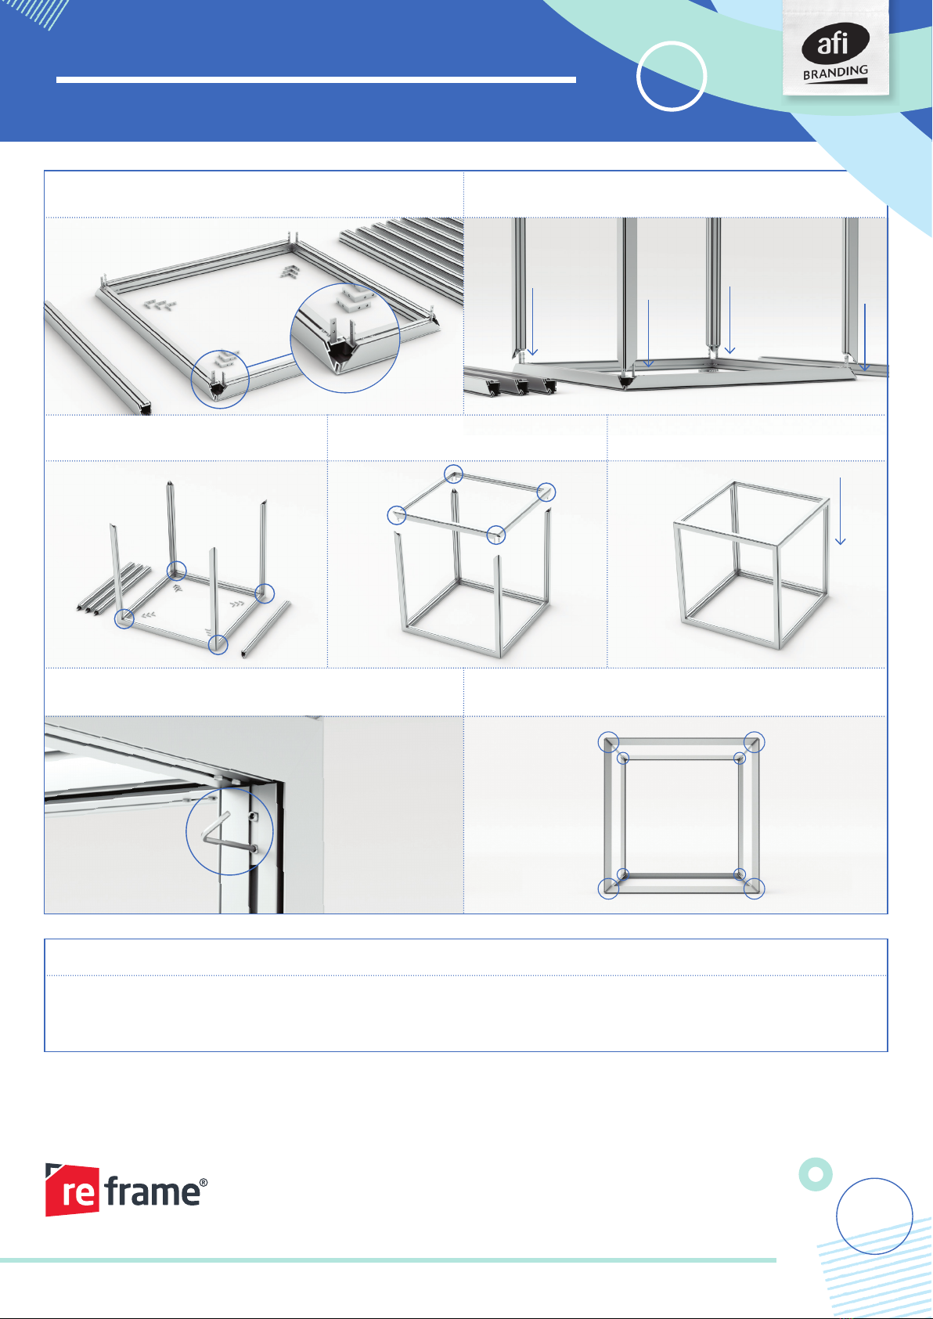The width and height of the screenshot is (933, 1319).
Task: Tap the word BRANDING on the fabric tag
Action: pyautogui.click(x=835, y=73)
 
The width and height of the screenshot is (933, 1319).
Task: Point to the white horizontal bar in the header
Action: pyautogui.click(x=315, y=80)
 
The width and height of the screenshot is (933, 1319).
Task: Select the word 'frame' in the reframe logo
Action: pyautogui.click(x=153, y=1191)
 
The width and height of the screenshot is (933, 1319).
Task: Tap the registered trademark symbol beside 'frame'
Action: pyautogui.click(x=204, y=1182)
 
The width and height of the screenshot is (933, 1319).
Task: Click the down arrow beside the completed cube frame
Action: pyautogui.click(x=840, y=510)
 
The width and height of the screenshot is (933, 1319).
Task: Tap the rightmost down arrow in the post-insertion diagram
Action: pyautogui.click(x=864, y=337)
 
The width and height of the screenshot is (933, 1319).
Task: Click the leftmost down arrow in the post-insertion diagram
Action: pyautogui.click(x=532, y=322)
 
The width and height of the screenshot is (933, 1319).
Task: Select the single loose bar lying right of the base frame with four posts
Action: pyautogui.click(x=265, y=629)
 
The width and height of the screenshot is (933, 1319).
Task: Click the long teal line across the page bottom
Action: pyautogui.click(x=388, y=1260)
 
